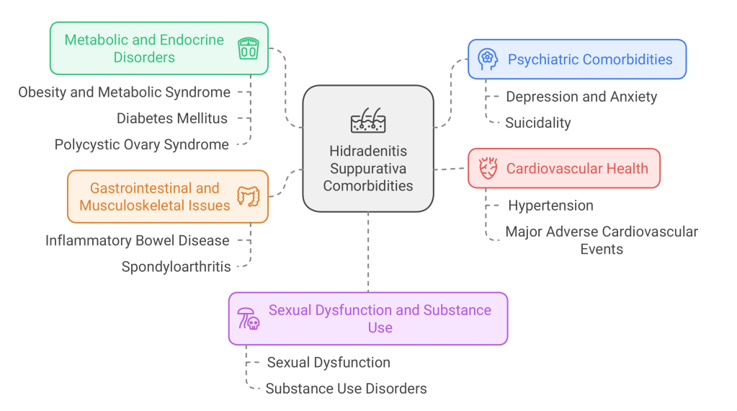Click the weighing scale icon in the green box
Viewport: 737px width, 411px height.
[249, 49]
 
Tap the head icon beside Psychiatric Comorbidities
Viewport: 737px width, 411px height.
[488, 59]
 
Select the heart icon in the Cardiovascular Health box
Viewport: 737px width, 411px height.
[488, 169]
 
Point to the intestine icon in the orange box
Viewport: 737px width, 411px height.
[249, 196]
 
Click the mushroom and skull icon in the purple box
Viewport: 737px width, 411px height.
[248, 319]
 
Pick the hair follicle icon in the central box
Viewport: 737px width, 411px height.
[368, 120]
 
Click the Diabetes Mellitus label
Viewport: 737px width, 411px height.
[172, 118]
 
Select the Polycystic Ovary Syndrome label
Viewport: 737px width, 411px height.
[142, 144]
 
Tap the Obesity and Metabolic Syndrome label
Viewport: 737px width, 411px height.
[125, 92]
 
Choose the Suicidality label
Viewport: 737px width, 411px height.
[537, 123]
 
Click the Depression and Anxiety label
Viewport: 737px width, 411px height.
[581, 97]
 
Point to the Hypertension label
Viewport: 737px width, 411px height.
[550, 205]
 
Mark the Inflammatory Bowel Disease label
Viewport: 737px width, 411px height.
[138, 240]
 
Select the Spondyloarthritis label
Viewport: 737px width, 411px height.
[177, 267]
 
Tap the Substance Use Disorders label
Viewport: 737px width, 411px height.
[346, 389]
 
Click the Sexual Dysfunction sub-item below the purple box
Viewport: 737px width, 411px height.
[329, 363]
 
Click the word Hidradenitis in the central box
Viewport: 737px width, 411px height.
[368, 151]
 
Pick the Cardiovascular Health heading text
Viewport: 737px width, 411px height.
[577, 169]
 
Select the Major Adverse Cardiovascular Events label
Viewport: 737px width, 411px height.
[602, 240]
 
